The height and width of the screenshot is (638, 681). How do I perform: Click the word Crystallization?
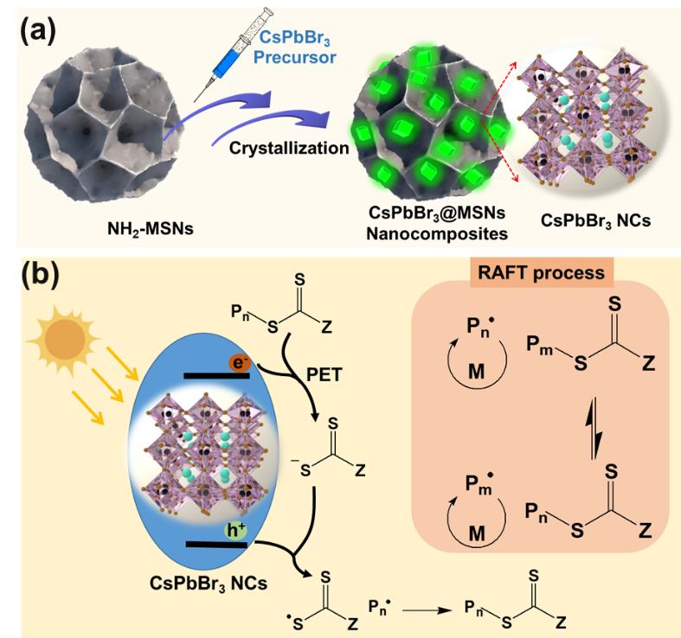(x=289, y=148)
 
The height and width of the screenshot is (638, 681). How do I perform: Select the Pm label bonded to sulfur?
(x=536, y=345)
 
